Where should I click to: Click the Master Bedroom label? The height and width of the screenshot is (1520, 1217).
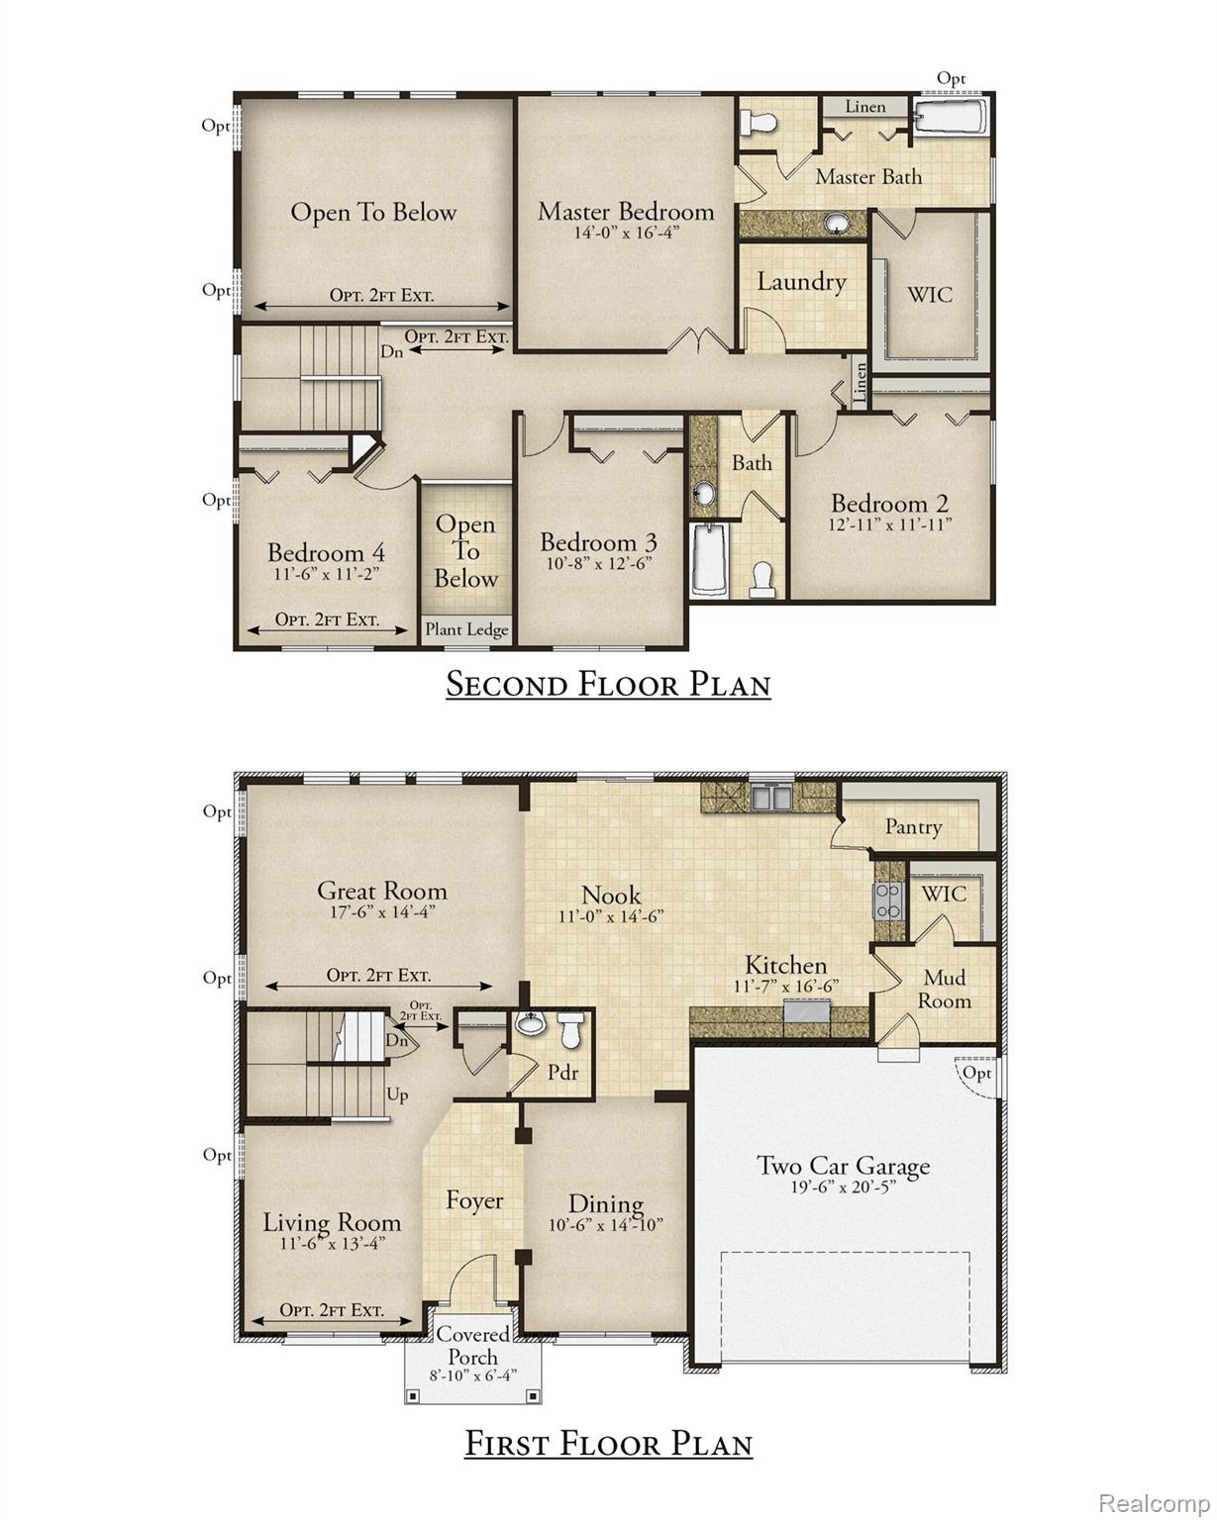625,211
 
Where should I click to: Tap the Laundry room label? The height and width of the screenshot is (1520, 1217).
801,282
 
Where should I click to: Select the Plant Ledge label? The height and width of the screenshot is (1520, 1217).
466,629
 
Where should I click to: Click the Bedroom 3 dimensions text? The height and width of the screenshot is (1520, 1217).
598,563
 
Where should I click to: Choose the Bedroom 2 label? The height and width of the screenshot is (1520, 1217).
889,503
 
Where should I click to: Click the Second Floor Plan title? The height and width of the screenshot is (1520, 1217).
608,684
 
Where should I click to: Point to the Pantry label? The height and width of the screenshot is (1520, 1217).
913,826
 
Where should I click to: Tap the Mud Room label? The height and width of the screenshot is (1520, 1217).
945,989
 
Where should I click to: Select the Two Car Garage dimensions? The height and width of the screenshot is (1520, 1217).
843,1187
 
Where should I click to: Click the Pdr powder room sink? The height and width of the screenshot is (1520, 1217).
531,1024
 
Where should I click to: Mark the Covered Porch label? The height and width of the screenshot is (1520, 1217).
473,1346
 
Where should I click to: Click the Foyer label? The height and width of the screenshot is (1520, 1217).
474,1200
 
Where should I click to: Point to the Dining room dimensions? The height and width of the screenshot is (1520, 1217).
606,1224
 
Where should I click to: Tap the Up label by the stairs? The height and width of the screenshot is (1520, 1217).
397,1095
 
